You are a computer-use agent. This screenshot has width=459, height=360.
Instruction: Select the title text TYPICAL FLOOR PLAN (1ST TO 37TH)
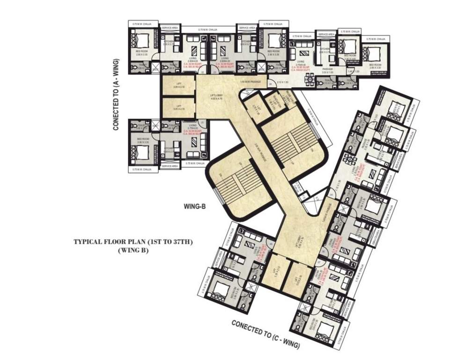133,242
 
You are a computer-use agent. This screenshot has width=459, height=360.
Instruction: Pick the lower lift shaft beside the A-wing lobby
178,108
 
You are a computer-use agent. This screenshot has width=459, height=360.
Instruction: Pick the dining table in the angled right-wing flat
349,159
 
